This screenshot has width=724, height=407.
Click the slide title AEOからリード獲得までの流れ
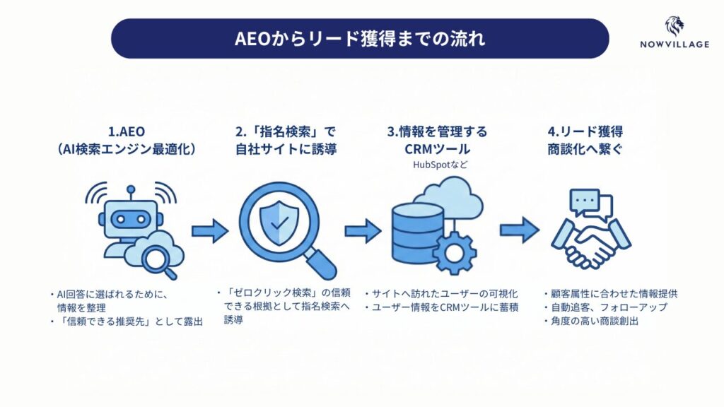(x=360, y=38)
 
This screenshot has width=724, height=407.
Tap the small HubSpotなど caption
(x=441, y=165)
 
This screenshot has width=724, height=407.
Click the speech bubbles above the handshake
(x=586, y=204)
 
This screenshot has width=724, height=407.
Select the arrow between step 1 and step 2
(x=210, y=230)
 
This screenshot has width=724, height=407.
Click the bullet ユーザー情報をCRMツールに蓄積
(x=440, y=307)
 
